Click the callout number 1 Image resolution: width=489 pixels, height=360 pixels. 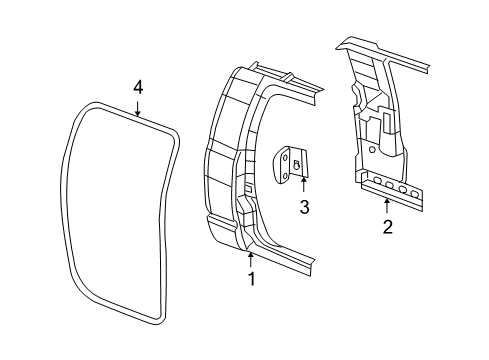click(251, 279)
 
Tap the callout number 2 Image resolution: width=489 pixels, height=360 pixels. click(387, 226)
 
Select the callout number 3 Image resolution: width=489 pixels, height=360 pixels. click(304, 207)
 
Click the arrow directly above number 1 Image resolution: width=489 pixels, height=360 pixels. click(250, 259)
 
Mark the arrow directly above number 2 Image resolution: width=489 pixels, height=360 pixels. click(387, 205)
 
